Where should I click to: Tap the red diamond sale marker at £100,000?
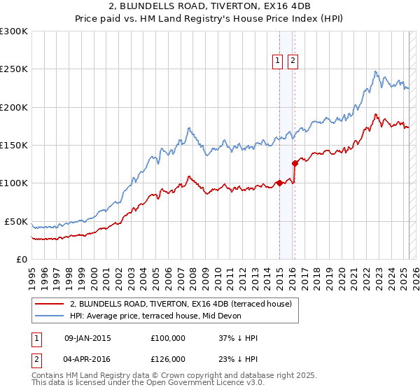[279, 183]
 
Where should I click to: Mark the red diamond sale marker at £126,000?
[295, 164]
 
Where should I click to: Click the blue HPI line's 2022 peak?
[376, 71]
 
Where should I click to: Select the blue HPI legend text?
[155, 316]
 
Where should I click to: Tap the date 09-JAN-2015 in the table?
[87, 338]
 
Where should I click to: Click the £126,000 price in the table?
[168, 358]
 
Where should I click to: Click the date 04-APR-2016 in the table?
[87, 358]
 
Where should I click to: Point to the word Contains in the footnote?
[48, 376]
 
